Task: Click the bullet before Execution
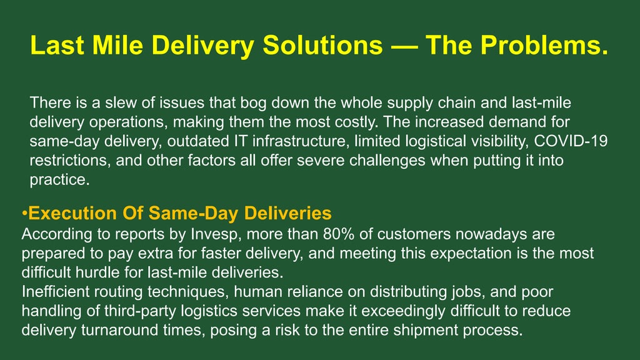pos(25,214)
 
